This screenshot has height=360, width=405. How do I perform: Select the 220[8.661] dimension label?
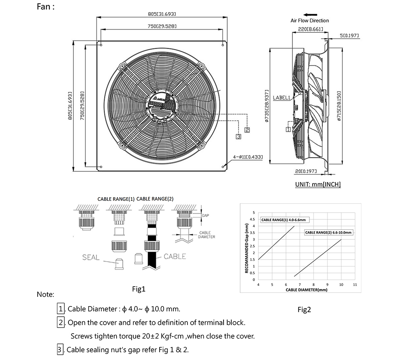click(x=309, y=29)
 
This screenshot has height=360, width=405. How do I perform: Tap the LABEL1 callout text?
click(x=281, y=98)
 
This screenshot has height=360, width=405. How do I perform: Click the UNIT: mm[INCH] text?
click(x=318, y=184)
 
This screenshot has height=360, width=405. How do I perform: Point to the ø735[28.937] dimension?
click(x=266, y=106)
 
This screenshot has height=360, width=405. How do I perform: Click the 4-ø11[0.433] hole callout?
click(x=248, y=156)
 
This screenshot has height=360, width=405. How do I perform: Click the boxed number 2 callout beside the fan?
click(x=247, y=130)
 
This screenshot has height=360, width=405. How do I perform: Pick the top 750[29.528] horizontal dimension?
click(x=162, y=26)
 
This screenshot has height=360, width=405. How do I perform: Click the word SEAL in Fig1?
click(x=91, y=258)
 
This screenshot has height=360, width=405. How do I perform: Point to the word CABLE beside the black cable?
click(x=175, y=256)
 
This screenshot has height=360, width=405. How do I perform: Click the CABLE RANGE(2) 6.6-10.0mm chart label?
click(x=328, y=233)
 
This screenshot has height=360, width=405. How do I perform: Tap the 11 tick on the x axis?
click(x=355, y=285)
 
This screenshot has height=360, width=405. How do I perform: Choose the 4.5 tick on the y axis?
click(x=253, y=219)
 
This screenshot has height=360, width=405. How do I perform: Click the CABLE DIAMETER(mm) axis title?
click(x=306, y=290)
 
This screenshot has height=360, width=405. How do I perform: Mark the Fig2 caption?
click(x=304, y=310)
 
